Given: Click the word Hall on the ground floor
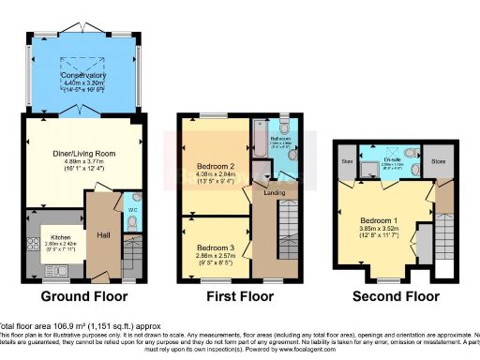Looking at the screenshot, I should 104,235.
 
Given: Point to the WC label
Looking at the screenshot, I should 131,208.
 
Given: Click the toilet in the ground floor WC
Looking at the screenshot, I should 131,224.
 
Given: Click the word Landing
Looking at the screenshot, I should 273,194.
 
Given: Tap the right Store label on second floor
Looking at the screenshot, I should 437,161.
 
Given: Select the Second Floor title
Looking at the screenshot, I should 395,296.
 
